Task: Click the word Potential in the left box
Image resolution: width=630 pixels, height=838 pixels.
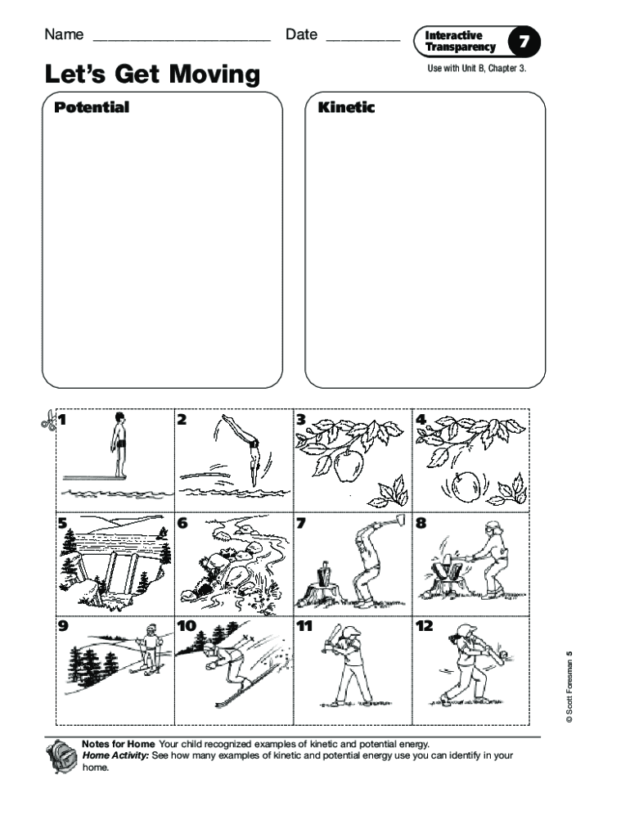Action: pyautogui.click(x=92, y=107)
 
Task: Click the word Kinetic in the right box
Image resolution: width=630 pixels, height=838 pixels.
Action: pyautogui.click(x=346, y=107)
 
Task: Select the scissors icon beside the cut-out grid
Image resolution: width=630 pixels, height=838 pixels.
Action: pyautogui.click(x=47, y=421)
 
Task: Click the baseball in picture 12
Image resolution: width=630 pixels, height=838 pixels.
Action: pyautogui.click(x=503, y=653)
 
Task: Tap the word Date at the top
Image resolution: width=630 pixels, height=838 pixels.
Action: pyautogui.click(x=301, y=34)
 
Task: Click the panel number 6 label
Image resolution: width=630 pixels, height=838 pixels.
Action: pyautogui.click(x=182, y=524)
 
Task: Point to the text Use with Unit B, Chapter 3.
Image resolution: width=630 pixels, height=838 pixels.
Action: pyautogui.click(x=476, y=68)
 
